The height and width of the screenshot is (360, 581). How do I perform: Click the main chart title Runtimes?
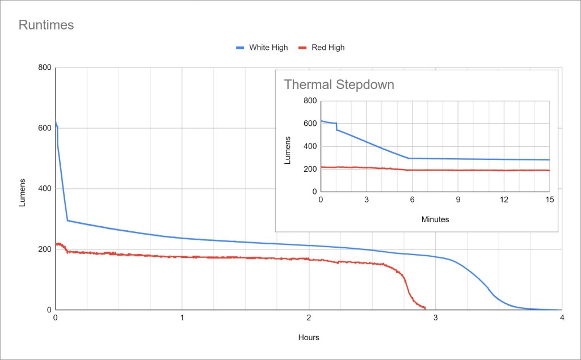click(x=47, y=25)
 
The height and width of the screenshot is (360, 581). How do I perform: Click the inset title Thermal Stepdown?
click(x=339, y=85)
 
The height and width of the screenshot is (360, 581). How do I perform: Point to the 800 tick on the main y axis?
click(x=44, y=68)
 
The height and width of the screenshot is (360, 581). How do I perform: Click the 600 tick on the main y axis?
click(x=44, y=128)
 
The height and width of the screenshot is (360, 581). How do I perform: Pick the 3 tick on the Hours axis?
click(x=435, y=318)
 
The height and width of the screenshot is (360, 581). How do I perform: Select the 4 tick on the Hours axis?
click(x=562, y=318)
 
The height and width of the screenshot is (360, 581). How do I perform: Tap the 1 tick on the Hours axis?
click(x=182, y=318)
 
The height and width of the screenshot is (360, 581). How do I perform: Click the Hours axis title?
click(x=309, y=337)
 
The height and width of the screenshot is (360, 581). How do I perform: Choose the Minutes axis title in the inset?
click(x=435, y=219)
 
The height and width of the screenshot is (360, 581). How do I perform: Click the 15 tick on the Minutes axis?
click(x=549, y=200)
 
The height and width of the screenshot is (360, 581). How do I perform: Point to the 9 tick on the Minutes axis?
click(x=458, y=200)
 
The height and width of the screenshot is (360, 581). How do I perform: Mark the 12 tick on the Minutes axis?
click(x=504, y=200)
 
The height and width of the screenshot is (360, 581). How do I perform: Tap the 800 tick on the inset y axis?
click(x=309, y=101)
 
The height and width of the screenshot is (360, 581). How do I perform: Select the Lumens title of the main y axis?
click(x=23, y=193)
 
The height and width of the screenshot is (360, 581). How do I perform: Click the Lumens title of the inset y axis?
click(x=288, y=150)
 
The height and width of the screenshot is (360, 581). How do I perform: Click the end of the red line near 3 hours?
click(x=425, y=308)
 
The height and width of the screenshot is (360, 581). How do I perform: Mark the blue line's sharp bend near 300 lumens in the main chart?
click(x=68, y=220)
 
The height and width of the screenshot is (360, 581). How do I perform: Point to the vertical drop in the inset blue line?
click(x=336, y=126)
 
